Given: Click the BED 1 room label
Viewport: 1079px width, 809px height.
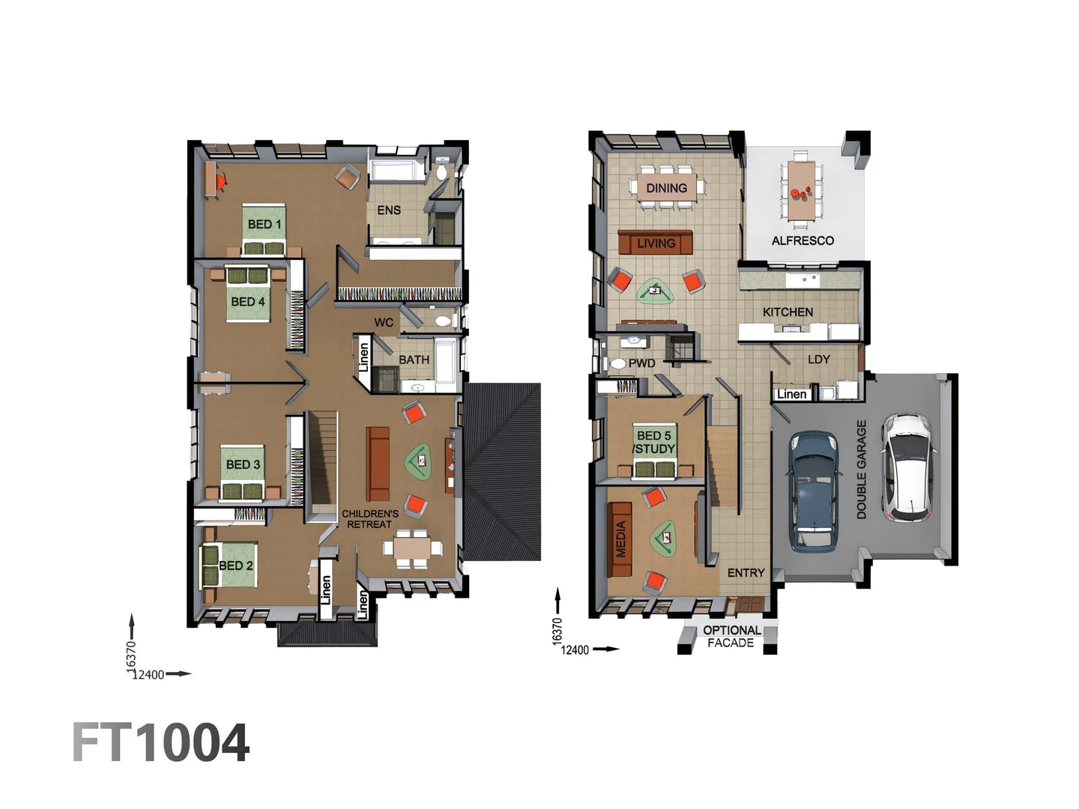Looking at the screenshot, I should click(265, 224).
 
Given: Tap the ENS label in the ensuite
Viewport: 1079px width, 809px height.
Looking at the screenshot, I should click(388, 210).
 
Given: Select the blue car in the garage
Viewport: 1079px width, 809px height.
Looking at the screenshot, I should click(813, 491).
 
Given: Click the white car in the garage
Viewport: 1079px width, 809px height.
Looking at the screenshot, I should click(907, 467).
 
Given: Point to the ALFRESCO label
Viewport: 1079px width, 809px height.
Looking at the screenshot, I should click(803, 240).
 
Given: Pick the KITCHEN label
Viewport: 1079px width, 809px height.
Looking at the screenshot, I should click(788, 312).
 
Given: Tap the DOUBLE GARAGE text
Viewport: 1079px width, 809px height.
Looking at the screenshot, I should click(862, 470).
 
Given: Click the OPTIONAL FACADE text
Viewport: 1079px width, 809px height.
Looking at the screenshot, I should click(731, 637).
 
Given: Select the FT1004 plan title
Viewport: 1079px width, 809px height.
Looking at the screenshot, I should click(160, 743).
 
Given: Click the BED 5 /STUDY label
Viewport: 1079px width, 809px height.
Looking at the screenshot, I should click(654, 442).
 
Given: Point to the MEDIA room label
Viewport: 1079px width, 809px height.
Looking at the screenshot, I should click(620, 539).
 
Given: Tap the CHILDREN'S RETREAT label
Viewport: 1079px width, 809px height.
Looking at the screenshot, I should click(370, 519).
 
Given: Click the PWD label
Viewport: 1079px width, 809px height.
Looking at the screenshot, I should click(641, 363).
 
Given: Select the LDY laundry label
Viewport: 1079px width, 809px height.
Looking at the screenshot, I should click(818, 360).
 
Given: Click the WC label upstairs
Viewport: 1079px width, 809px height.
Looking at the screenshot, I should click(384, 323).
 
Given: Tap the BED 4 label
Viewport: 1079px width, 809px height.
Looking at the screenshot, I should click(247, 302).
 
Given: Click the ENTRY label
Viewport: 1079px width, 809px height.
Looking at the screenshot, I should click(746, 573).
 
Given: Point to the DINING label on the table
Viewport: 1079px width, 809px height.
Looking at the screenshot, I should click(666, 188).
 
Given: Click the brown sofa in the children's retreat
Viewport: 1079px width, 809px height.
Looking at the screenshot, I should click(378, 464).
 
